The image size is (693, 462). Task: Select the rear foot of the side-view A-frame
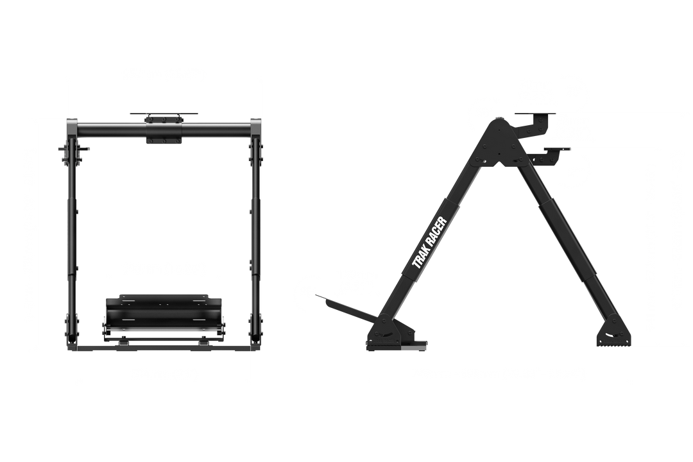613,334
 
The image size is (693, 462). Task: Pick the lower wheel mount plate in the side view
556,150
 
